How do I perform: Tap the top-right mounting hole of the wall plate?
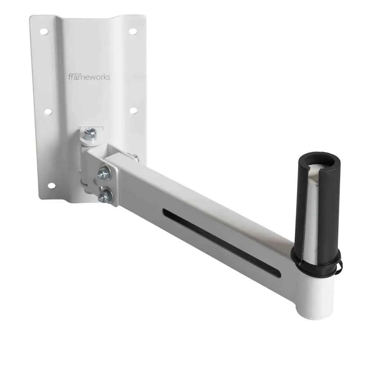pyautogui.click(x=132, y=31)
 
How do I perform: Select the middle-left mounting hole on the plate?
pyautogui.click(x=47, y=111)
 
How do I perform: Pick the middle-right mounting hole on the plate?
pyautogui.click(x=132, y=110)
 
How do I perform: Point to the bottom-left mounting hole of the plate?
pyautogui.click(x=51, y=185)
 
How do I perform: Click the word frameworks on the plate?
pyautogui.click(x=89, y=77)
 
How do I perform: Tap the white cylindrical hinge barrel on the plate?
pyautogui.click(x=86, y=168)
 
